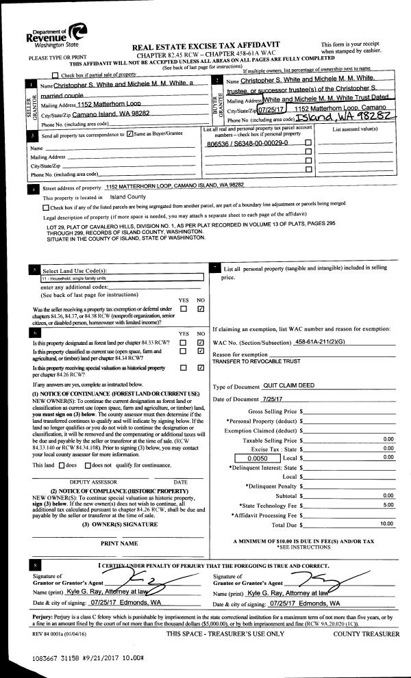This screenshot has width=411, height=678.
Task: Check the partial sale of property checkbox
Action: [x=55, y=75]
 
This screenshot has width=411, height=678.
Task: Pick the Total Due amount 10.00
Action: [x=387, y=523]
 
